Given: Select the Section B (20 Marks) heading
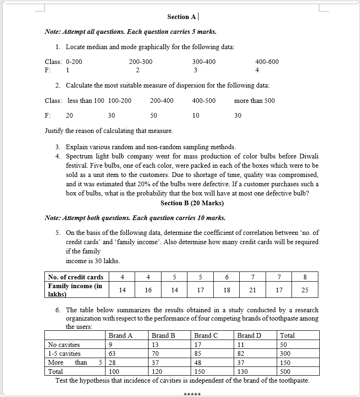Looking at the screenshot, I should (192, 203).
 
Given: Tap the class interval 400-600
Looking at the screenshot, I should (267, 62).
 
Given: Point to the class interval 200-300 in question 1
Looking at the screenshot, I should (141, 62).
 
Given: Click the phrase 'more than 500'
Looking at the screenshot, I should (254, 101).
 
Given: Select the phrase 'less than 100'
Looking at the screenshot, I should (86, 101).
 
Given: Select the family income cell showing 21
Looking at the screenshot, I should (252, 290).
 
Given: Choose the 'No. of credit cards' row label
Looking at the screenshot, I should (76, 277).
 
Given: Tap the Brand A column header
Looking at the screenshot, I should (120, 335).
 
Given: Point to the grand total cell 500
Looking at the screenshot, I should (286, 372).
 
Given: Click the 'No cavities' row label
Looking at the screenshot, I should (64, 345).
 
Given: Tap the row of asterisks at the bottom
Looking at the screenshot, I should (192, 394).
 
